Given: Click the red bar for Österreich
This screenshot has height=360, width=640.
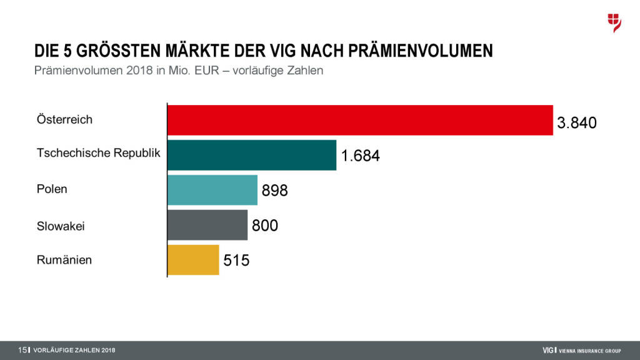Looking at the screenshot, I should [x=360, y=120].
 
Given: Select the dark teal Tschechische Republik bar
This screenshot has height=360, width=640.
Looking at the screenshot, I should [x=252, y=155].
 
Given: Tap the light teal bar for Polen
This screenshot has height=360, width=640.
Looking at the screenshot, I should [x=212, y=190].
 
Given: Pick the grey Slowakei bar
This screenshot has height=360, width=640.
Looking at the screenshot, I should [x=207, y=225].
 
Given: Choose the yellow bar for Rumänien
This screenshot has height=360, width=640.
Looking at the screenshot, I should [x=193, y=259].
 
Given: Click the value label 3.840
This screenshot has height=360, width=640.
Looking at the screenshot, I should [x=577, y=123].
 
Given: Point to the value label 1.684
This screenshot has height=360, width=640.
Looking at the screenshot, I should [x=360, y=156].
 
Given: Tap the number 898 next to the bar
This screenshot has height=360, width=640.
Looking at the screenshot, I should [x=275, y=191].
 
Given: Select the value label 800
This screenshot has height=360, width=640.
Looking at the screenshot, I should [x=265, y=225].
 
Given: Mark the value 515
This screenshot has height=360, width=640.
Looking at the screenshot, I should [x=236, y=260].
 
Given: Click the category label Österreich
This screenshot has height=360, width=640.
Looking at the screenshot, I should [x=64, y=119].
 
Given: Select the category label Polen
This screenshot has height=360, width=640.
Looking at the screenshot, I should [x=52, y=189].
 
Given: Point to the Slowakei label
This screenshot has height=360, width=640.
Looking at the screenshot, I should [x=61, y=226].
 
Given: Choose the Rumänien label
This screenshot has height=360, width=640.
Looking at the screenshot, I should [x=64, y=260].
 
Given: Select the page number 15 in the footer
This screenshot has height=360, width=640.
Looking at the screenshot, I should [x=22, y=350].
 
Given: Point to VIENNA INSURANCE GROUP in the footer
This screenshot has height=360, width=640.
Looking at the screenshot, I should [x=590, y=350].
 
